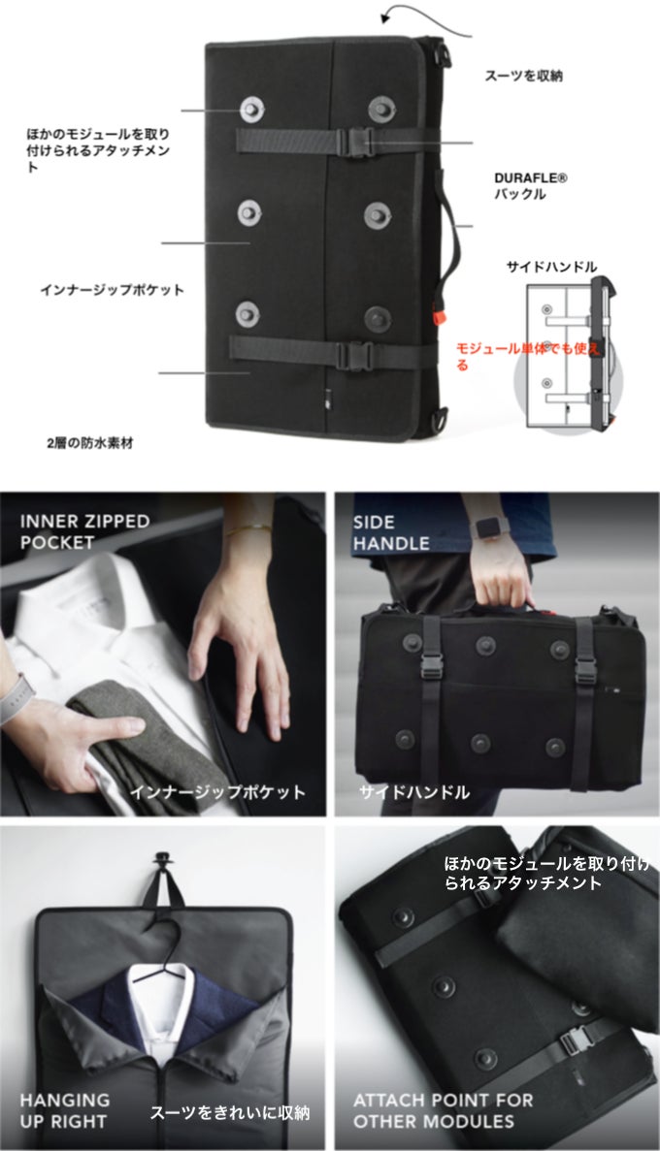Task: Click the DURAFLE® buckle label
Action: click(x=531, y=186)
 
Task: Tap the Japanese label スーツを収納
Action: click(x=523, y=76)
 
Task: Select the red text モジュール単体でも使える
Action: click(x=528, y=356)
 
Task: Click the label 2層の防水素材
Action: click(x=89, y=442)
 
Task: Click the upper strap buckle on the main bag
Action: click(x=356, y=141)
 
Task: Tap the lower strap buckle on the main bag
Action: click(x=353, y=355)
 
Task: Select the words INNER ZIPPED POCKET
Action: click(x=84, y=531)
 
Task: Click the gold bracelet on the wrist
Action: click(x=249, y=528)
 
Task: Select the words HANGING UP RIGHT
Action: click(x=65, y=1110)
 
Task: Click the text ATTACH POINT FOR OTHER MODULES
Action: click(x=444, y=1110)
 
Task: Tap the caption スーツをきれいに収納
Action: click(x=230, y=1113)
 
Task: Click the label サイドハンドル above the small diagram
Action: click(x=551, y=267)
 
